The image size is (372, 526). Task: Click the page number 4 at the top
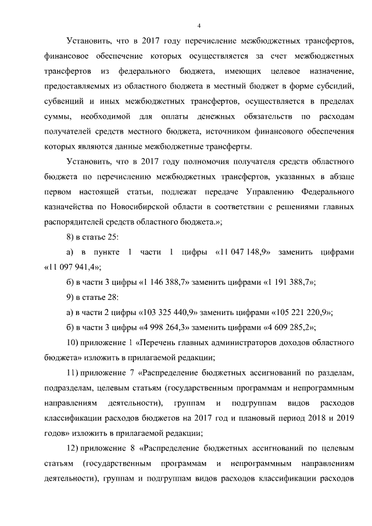coord(199,26)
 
